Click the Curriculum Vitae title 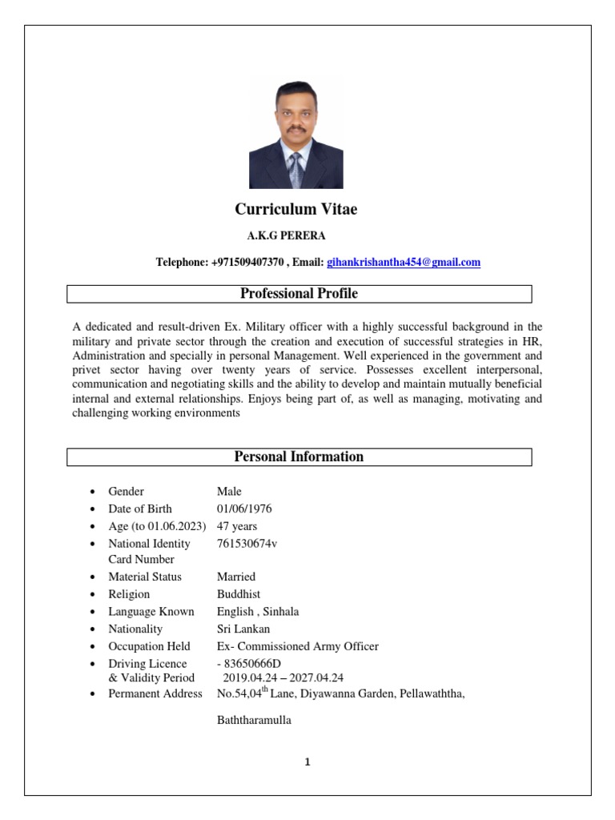pyautogui.click(x=296, y=209)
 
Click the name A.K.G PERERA pyautogui.click(x=286, y=235)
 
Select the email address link pyautogui.click(x=404, y=262)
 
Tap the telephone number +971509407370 pyautogui.click(x=247, y=262)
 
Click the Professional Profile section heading pyautogui.click(x=299, y=294)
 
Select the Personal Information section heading pyautogui.click(x=299, y=457)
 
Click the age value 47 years pyautogui.click(x=237, y=526)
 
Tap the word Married pyautogui.click(x=236, y=577)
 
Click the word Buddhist pyautogui.click(x=239, y=594)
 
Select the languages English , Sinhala pyautogui.click(x=258, y=612)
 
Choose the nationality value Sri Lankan pyautogui.click(x=243, y=629)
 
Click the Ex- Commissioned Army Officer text pyautogui.click(x=297, y=646)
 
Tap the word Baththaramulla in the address pyautogui.click(x=254, y=721)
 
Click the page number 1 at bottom pyautogui.click(x=307, y=762)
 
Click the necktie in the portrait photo pyautogui.click(x=295, y=169)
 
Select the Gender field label pyautogui.click(x=126, y=492)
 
